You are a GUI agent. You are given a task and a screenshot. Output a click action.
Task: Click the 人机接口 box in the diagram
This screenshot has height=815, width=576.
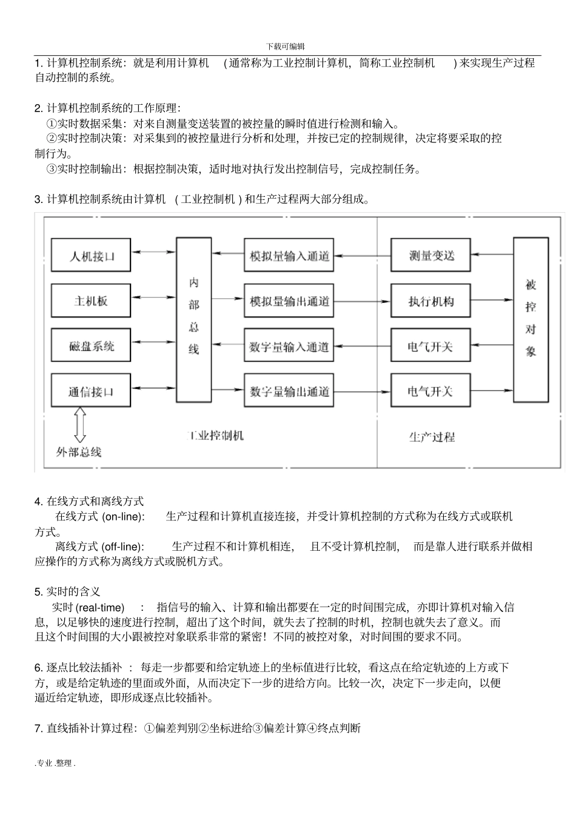point(91,256)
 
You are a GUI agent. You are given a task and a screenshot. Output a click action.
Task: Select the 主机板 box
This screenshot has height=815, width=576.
point(91,301)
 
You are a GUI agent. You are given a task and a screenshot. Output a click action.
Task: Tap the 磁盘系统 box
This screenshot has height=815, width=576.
point(91,346)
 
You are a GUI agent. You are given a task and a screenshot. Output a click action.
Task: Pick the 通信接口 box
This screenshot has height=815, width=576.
point(91,391)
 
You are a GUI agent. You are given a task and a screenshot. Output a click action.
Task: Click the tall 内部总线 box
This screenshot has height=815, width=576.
point(193,319)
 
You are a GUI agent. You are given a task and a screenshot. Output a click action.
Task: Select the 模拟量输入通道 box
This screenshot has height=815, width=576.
point(289,256)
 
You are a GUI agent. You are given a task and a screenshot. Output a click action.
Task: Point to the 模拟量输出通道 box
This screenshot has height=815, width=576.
point(289,301)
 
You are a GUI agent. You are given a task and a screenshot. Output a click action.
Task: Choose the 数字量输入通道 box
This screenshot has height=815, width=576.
point(289,346)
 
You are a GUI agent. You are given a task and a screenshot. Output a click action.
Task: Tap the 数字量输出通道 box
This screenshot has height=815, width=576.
point(289,391)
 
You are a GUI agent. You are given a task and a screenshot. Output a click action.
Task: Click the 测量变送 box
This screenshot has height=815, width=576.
point(431,256)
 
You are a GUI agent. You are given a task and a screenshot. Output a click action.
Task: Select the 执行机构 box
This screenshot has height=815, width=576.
point(431,301)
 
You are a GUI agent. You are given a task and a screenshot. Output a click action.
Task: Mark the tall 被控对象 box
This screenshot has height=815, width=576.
point(531,319)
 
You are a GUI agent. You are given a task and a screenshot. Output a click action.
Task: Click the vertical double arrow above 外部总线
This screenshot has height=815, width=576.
point(79,425)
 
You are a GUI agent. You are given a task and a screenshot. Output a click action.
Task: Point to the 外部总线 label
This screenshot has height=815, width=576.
point(79,451)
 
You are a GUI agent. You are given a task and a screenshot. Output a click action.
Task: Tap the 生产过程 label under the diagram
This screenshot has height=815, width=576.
point(431,437)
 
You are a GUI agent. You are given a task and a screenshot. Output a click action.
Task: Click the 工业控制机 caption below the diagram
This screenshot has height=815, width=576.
point(215,436)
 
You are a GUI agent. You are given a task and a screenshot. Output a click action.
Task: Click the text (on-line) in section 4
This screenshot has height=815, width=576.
point(123,517)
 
